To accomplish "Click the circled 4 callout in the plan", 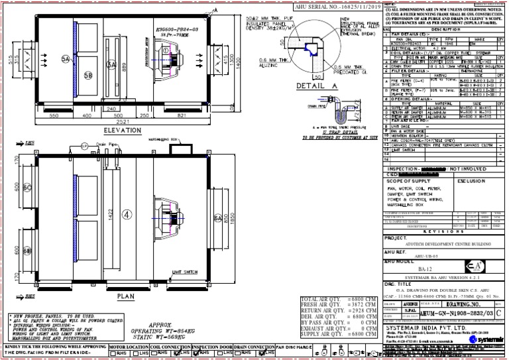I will coord(128,213).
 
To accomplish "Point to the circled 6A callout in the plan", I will coord(217,217).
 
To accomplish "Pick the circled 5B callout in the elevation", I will coord(88,75).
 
